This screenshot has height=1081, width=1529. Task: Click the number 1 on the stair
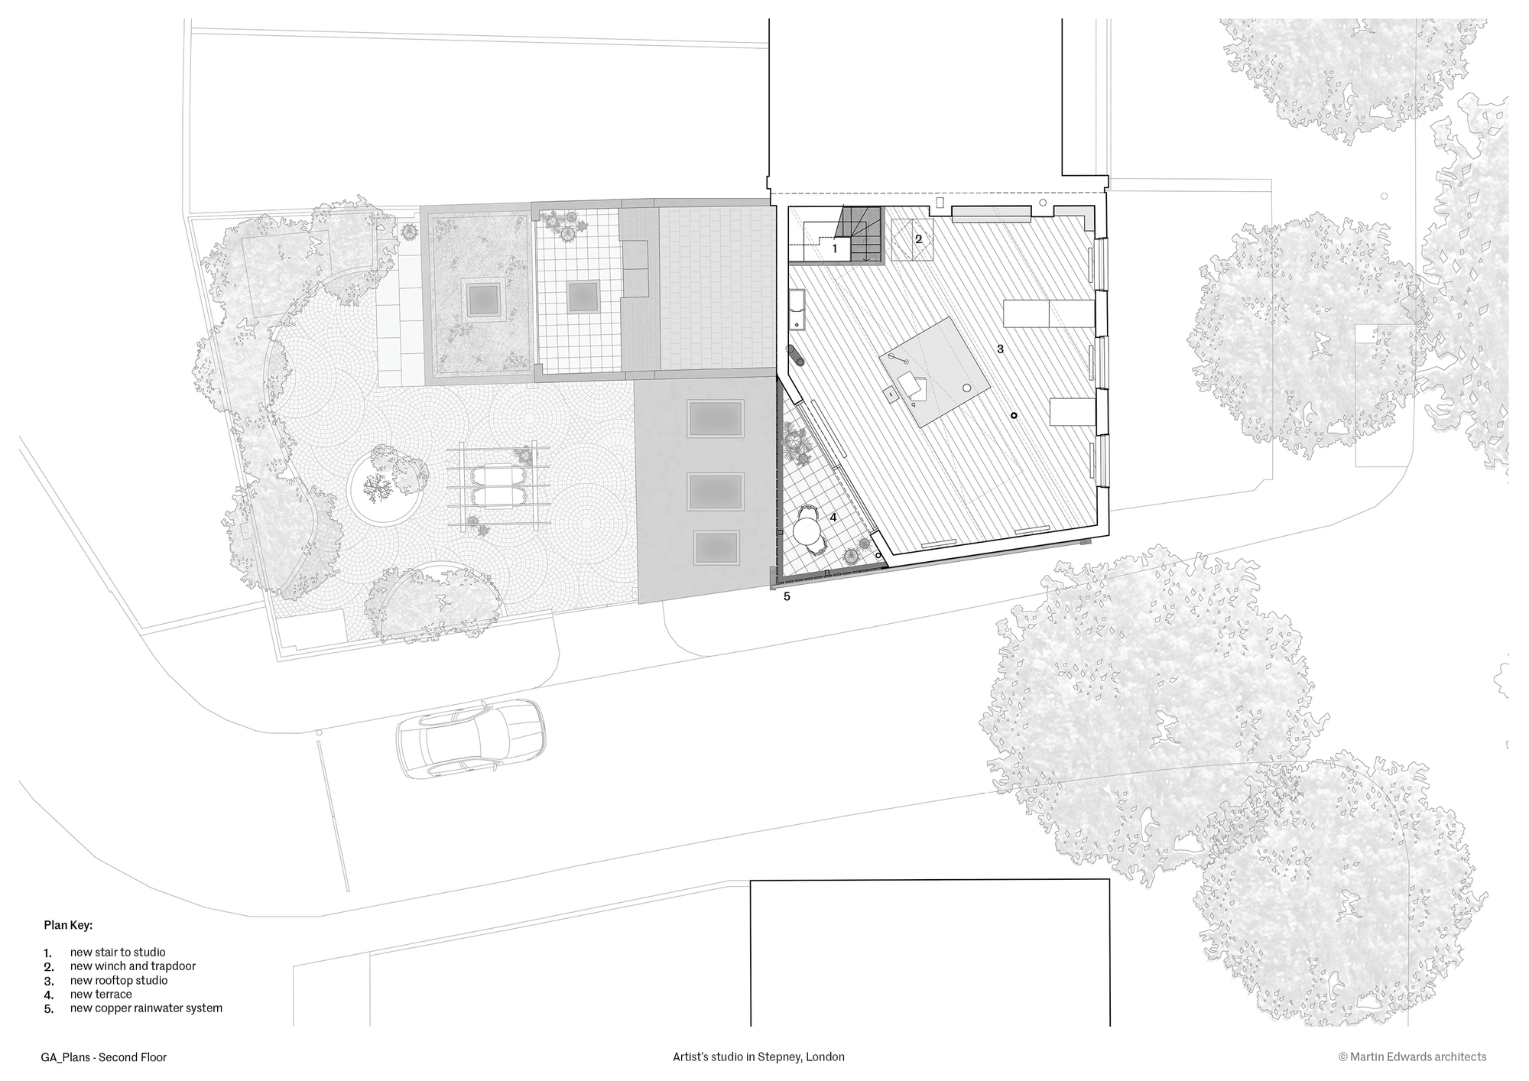(835, 248)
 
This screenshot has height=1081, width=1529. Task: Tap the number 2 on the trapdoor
(919, 239)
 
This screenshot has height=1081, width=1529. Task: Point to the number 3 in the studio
(1000, 349)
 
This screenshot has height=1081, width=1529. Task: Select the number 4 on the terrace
(833, 518)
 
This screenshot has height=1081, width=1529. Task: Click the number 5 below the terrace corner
(787, 597)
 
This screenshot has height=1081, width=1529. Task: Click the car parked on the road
(471, 739)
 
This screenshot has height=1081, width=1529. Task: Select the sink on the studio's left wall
(797, 309)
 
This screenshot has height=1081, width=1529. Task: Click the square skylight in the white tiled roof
(583, 295)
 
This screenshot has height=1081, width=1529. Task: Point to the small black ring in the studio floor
(1014, 415)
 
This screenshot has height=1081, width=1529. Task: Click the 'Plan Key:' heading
(68, 925)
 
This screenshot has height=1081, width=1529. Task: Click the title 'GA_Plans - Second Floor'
(104, 1057)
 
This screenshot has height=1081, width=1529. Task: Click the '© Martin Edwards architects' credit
(1412, 1057)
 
